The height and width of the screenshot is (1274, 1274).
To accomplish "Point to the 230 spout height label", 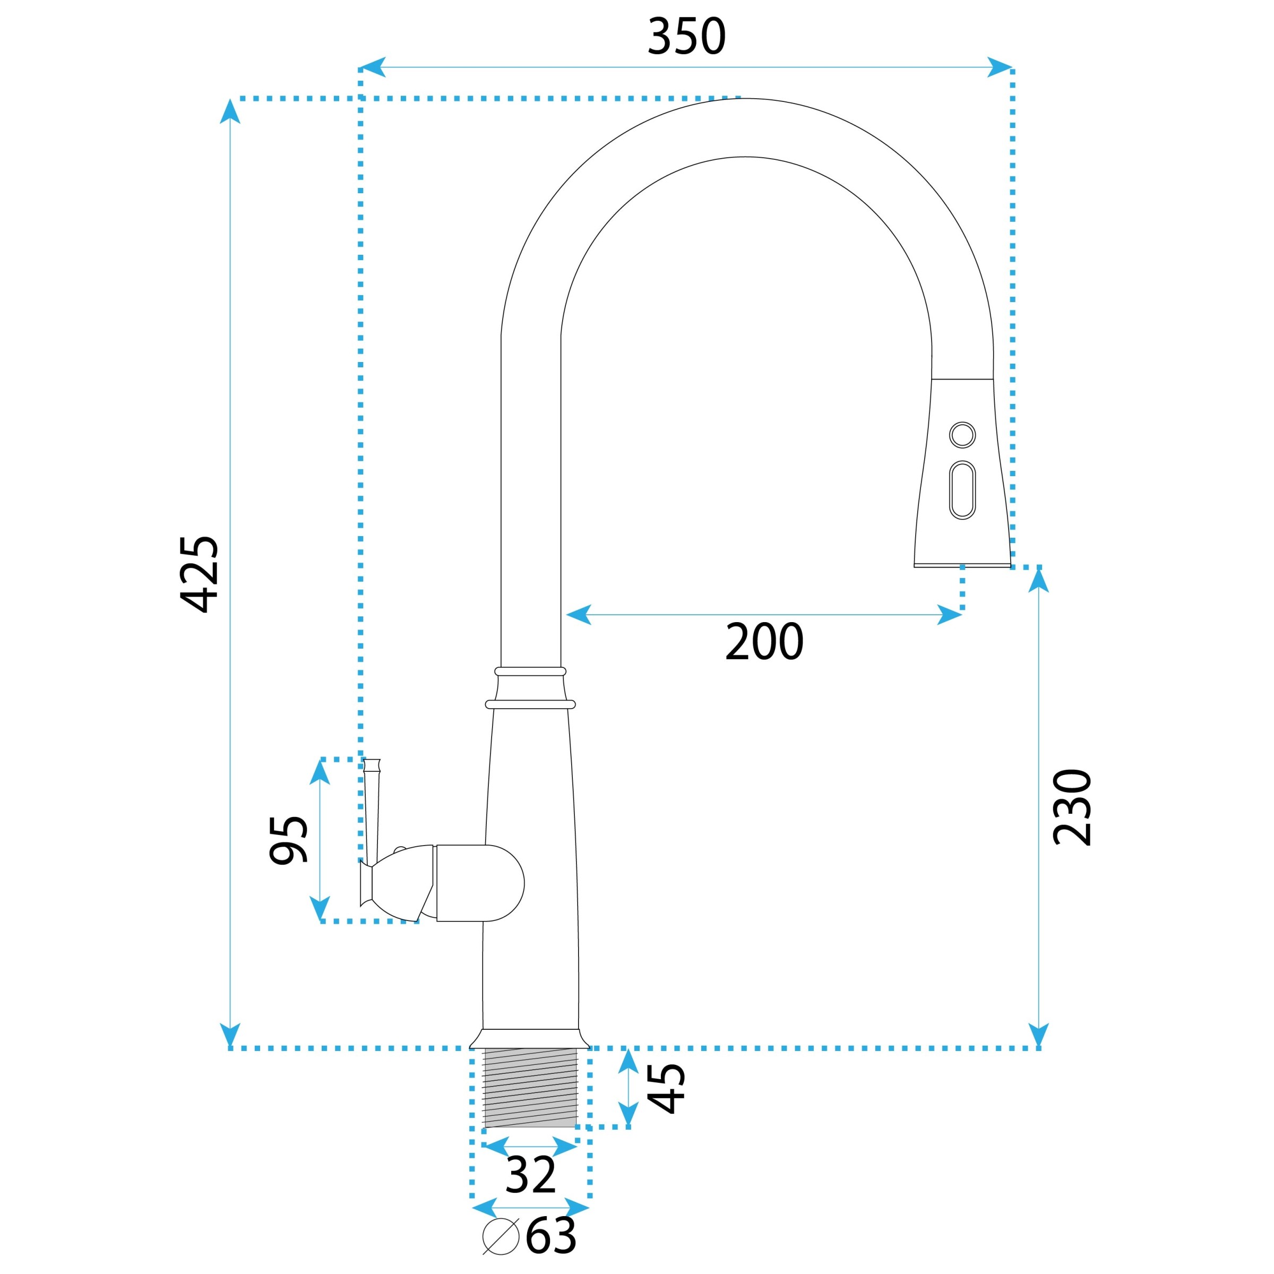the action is [x=1072, y=806].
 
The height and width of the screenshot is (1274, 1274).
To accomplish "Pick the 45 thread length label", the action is [x=667, y=1089].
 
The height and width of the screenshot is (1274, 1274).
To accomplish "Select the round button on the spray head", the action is [x=962, y=435].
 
